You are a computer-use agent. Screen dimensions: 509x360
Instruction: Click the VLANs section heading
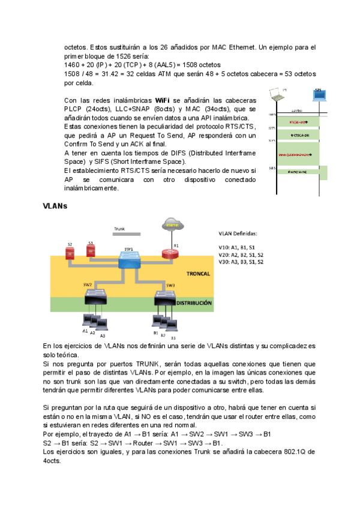(x=54, y=206)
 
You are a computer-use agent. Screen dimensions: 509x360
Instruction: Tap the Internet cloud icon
(x=173, y=224)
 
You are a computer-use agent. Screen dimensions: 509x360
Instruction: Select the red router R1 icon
(x=169, y=253)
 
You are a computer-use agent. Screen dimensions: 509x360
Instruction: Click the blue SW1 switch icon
(x=129, y=259)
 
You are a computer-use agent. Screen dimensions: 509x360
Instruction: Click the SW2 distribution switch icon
(x=95, y=297)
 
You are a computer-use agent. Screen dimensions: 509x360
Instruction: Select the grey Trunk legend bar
(x=127, y=233)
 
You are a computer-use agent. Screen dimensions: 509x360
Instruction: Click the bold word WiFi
(x=161, y=100)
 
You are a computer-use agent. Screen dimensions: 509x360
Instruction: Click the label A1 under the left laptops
(x=85, y=331)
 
